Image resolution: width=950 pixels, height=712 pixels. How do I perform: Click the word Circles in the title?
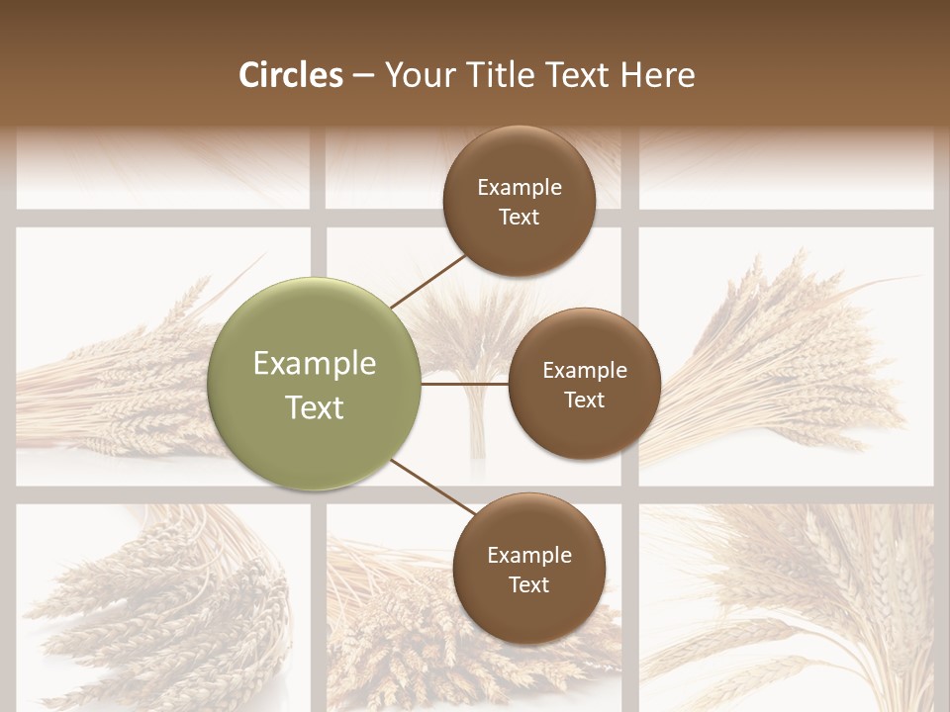pyautogui.click(x=291, y=75)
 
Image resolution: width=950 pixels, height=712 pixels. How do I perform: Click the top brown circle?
pyautogui.click(x=519, y=201)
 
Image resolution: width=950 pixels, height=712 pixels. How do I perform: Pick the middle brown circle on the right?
pyautogui.click(x=584, y=384)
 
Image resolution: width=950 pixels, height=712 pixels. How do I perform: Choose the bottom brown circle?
pyautogui.click(x=528, y=569)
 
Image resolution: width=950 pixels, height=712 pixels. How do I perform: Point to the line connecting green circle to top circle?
pyautogui.click(x=429, y=281)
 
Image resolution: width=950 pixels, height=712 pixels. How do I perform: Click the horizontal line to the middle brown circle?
pyautogui.click(x=464, y=384)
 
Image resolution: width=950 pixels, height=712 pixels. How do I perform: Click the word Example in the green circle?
pyautogui.click(x=315, y=364)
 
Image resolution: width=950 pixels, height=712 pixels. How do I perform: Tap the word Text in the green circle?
pyautogui.click(x=315, y=407)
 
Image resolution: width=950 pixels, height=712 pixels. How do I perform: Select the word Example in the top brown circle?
pyautogui.click(x=520, y=187)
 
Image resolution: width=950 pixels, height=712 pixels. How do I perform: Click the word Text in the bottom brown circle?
pyautogui.click(x=528, y=584)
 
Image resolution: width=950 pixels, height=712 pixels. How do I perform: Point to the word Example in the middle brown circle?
pyautogui.click(x=585, y=370)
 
